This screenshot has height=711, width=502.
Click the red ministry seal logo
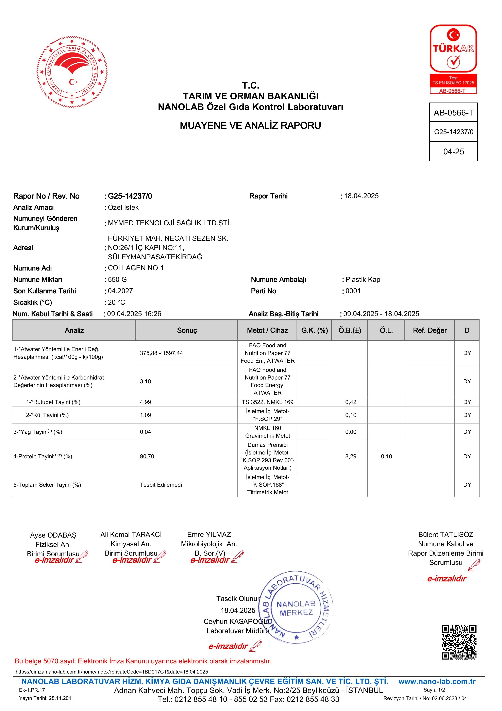[x=72, y=72]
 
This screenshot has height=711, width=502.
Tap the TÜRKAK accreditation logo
[x=453, y=59]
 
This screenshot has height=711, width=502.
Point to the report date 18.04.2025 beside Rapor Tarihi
[x=361, y=196]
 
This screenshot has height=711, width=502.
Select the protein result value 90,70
[x=147, y=457]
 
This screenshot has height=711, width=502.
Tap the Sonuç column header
[x=187, y=330]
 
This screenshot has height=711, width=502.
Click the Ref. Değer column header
[x=430, y=330]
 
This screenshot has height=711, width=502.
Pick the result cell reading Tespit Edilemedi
[x=161, y=485]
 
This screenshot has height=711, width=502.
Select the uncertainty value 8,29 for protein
[x=351, y=457]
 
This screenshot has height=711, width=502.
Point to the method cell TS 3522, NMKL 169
[x=268, y=402]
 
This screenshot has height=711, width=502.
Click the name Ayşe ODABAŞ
[x=53, y=535]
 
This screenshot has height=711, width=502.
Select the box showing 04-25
[x=453, y=151]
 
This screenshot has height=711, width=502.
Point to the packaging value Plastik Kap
[x=363, y=280]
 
